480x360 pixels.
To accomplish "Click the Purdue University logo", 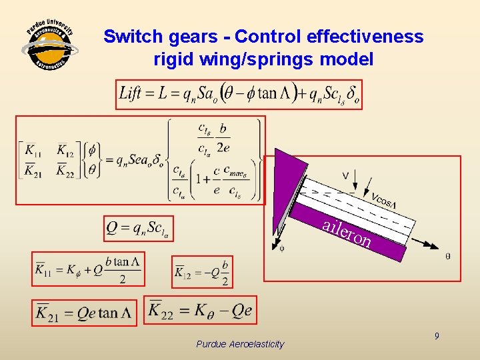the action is [49, 48].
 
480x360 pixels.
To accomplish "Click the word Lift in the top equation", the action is [131, 93].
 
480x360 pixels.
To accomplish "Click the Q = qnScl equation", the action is [139, 229].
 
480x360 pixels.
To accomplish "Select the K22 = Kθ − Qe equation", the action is [199, 310].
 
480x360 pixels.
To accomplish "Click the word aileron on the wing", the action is [347, 232].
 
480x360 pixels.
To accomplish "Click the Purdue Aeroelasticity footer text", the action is [240, 344].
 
